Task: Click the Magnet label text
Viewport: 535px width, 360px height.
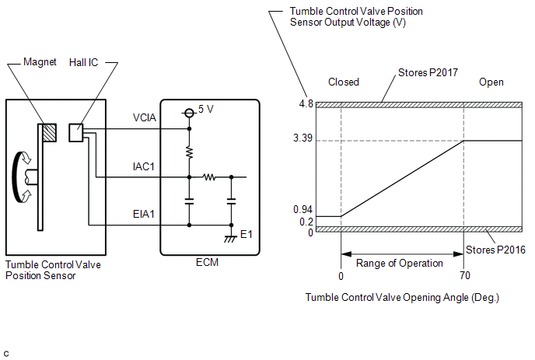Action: tap(40, 61)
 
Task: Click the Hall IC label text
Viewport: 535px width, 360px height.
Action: tap(101, 61)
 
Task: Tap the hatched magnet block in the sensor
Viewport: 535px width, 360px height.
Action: tap(50, 134)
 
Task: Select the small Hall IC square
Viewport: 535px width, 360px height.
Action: tap(75, 132)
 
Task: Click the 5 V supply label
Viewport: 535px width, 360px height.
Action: tap(206, 110)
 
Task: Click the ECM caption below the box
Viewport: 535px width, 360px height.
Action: tap(208, 262)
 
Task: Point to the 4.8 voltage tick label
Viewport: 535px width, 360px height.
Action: tap(305, 103)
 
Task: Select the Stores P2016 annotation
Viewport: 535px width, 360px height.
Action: tap(496, 250)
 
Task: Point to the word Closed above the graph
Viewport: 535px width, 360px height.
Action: tap(344, 82)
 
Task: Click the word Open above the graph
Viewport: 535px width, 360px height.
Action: tap(491, 82)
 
